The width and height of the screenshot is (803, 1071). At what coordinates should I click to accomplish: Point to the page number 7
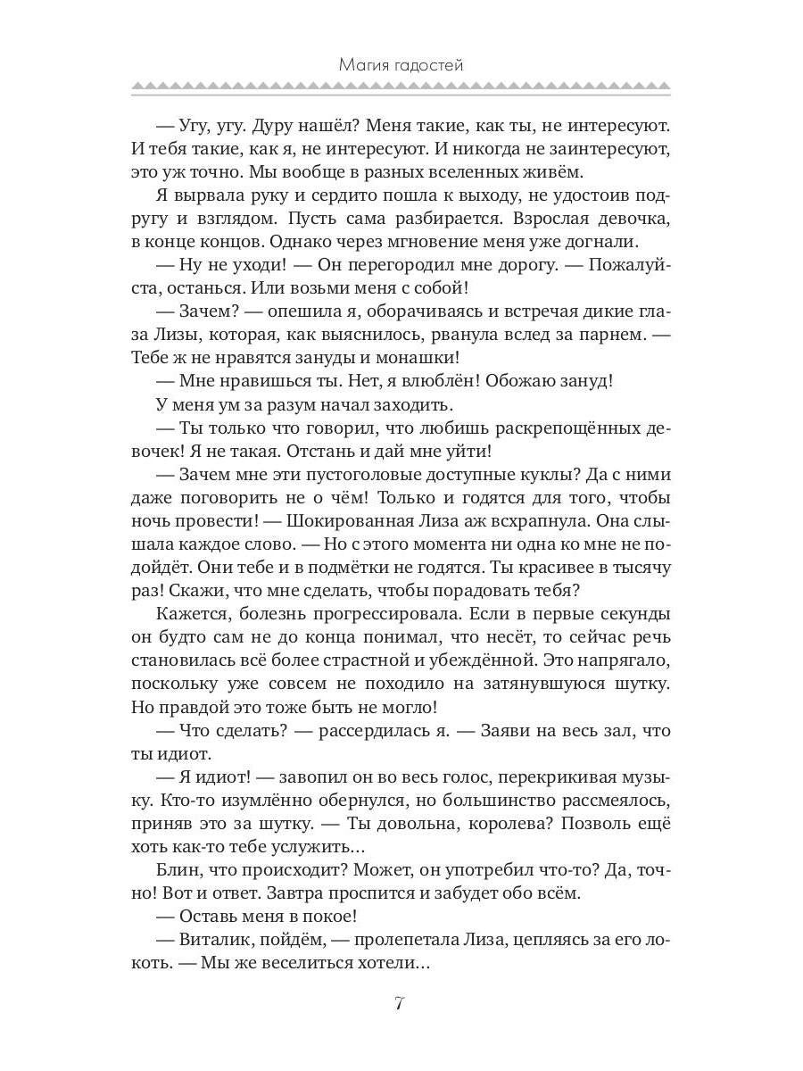tap(400, 1003)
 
